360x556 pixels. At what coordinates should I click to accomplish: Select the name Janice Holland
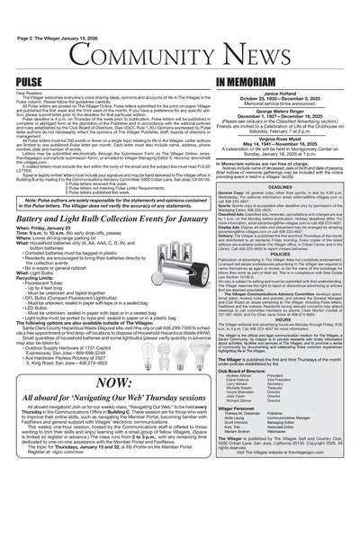pos(283,67)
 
